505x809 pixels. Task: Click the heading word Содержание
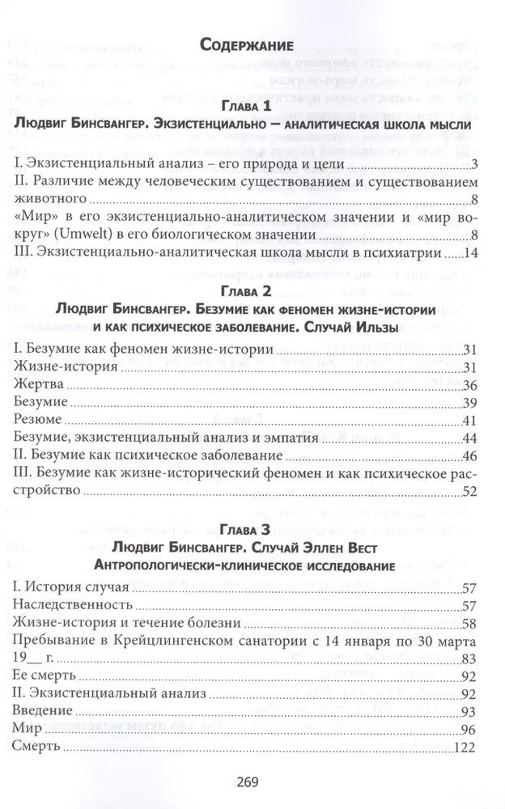252,44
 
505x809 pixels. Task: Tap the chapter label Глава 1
252,105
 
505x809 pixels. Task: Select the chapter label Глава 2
252,290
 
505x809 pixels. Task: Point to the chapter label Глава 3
252,530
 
